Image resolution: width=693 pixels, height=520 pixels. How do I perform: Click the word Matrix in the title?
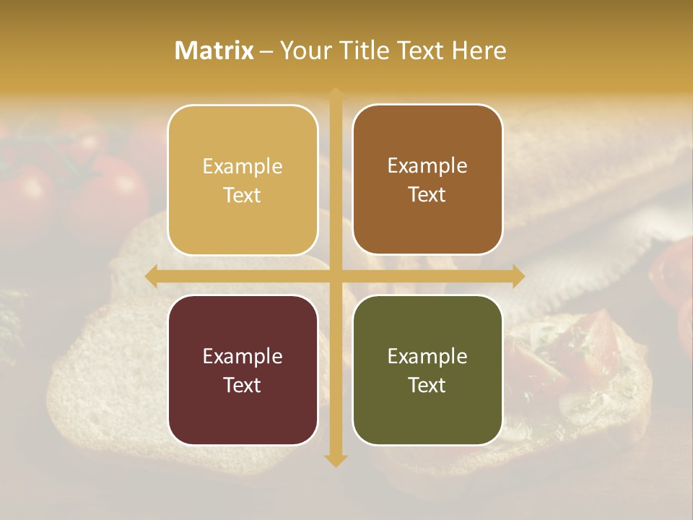(x=214, y=51)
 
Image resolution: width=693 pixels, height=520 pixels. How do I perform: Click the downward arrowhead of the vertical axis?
(x=336, y=460)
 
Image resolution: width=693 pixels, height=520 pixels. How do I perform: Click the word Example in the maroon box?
(x=243, y=356)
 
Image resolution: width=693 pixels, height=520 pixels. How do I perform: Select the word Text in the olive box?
(x=427, y=385)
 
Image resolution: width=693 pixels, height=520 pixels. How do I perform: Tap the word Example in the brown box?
(x=427, y=165)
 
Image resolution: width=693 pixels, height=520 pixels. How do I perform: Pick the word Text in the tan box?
(x=243, y=195)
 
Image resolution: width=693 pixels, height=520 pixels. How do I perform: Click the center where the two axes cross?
(x=336, y=276)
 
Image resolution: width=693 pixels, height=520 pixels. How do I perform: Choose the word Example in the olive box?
(x=427, y=356)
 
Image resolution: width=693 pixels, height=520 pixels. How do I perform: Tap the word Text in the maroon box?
(x=243, y=385)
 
